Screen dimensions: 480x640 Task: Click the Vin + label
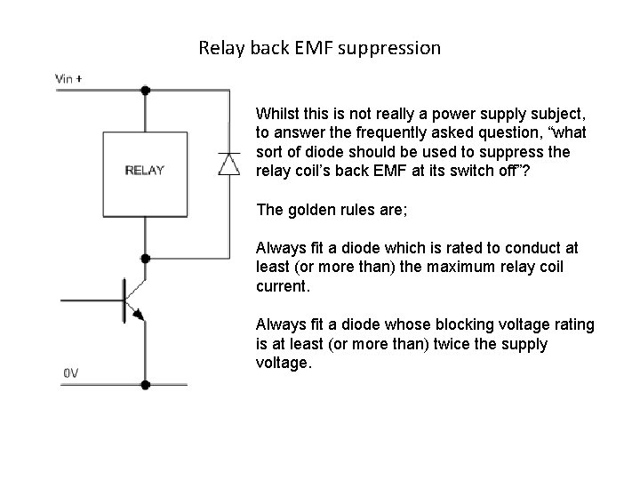click(69, 78)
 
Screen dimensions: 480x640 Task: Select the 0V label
click(70, 373)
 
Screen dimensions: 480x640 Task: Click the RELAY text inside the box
click(144, 170)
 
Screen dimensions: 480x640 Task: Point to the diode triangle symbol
click(229, 164)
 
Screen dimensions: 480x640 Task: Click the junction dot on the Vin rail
click(145, 90)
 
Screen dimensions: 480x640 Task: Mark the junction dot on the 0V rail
click(145, 385)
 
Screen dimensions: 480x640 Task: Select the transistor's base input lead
click(89, 300)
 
